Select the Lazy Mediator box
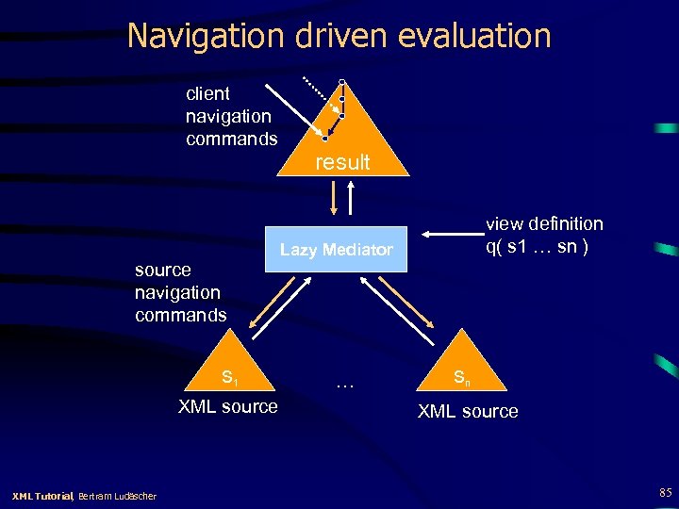pyautogui.click(x=337, y=250)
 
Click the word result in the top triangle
pyautogui.click(x=342, y=162)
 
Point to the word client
pyautogui.click(x=207, y=93)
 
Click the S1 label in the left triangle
pyautogui.click(x=228, y=378)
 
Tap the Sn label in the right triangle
pyautogui.click(x=461, y=378)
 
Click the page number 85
pyautogui.click(x=666, y=492)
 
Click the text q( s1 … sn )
pyautogui.click(x=538, y=247)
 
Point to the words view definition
pyautogui.click(x=544, y=223)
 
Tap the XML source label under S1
pyautogui.click(x=228, y=407)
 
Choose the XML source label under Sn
pyautogui.click(x=468, y=411)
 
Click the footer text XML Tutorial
pyautogui.click(x=41, y=496)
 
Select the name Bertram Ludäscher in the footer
pyautogui.click(x=118, y=496)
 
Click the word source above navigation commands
pyautogui.click(x=163, y=271)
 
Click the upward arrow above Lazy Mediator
pyautogui.click(x=352, y=199)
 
